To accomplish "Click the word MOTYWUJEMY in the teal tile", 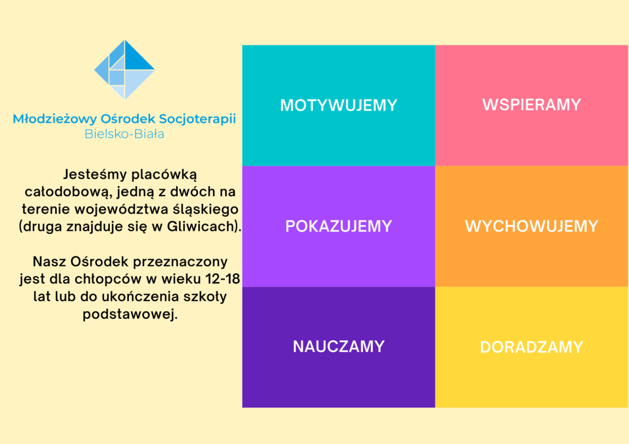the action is (338, 105).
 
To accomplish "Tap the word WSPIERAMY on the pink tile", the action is (532, 105).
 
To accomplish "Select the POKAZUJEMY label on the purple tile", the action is (338, 226).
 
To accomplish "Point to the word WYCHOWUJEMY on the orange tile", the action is (532, 226).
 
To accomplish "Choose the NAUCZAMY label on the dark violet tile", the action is (338, 346).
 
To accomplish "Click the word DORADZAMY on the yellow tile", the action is (532, 347).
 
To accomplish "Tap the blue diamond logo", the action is (125, 70).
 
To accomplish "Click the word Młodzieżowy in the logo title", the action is (55, 119).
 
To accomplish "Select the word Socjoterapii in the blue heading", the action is (198, 119).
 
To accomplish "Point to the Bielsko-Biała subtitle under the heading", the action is (125, 134).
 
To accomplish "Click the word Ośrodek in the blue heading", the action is (128, 118).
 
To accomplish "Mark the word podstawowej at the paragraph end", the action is (130, 314).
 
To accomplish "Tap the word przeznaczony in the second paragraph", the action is (180, 262).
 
